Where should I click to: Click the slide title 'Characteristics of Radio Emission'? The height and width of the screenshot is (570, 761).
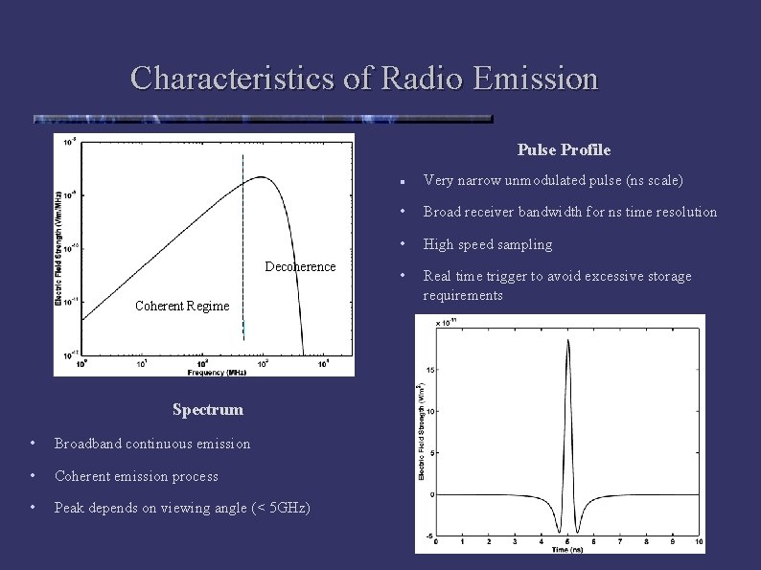364,78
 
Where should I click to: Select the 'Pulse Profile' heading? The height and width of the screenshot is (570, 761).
564,149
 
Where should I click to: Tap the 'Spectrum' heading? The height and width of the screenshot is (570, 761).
207,409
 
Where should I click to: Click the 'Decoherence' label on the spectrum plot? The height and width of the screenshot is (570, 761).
300,266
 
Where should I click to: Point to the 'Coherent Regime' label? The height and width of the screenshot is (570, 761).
182,306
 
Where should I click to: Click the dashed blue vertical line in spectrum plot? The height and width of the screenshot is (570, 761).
243,239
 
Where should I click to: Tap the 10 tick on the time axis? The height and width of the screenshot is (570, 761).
699,541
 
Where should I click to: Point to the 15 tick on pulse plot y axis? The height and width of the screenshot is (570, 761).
430,369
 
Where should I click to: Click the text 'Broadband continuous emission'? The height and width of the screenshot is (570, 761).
152,444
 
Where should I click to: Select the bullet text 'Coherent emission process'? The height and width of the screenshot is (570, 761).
136,476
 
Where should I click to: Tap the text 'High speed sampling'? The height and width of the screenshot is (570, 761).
488,244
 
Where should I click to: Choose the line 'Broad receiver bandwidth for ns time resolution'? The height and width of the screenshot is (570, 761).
570,212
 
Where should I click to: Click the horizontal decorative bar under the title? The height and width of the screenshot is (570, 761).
262,120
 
